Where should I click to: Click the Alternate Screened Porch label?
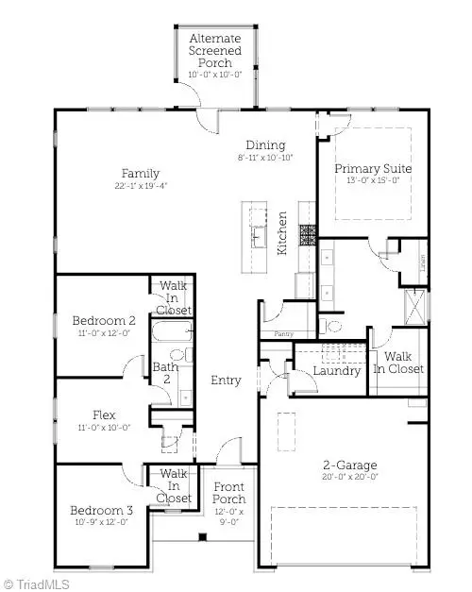pos(214,50)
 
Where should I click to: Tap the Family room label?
pos(140,174)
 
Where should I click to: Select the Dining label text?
pos(266,144)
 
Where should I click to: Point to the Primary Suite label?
pos(373,169)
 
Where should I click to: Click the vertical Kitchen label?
pos(281,233)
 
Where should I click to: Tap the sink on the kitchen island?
pos(257,232)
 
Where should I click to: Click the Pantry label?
pos(283,333)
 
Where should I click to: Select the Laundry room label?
pos(338,371)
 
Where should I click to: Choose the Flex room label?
pos(104,414)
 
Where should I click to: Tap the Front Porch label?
pos(228,493)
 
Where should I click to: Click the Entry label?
pos(227,381)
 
